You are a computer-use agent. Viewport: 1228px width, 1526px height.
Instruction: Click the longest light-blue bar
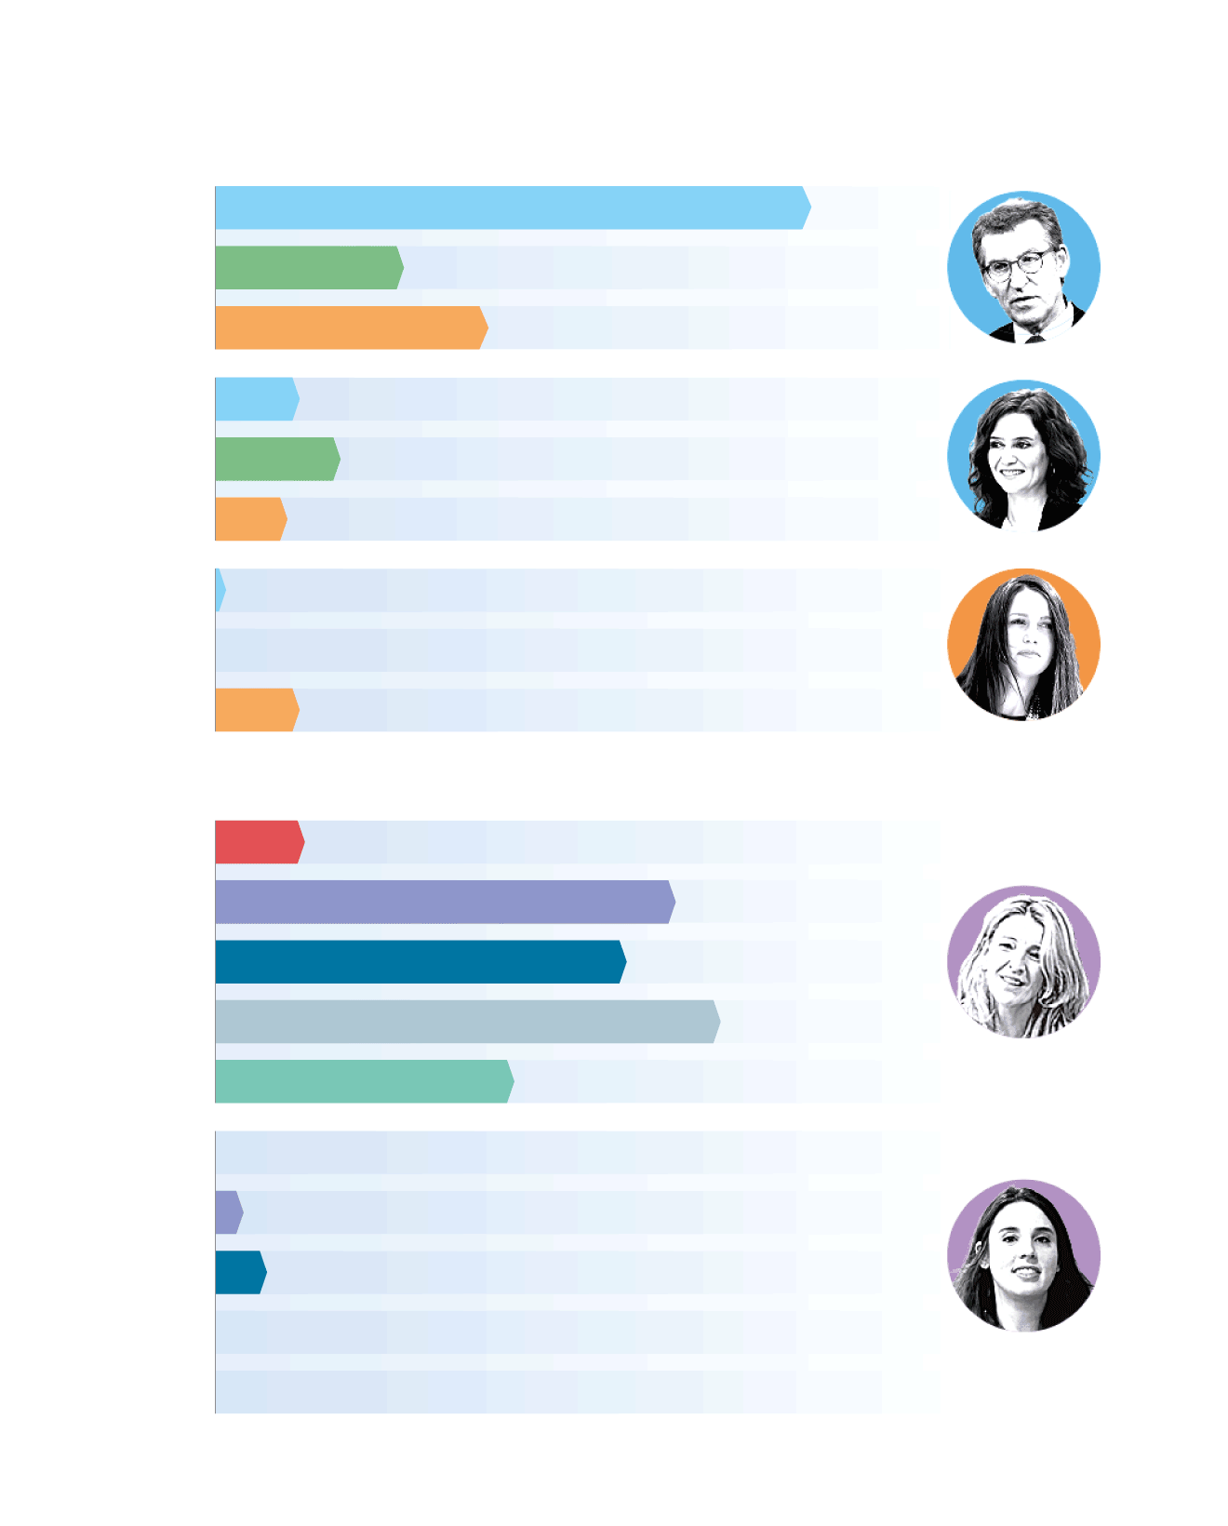tap(512, 207)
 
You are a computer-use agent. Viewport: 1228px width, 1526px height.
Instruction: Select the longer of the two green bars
tap(308, 268)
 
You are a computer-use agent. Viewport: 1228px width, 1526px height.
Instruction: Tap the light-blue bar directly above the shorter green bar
tap(256, 399)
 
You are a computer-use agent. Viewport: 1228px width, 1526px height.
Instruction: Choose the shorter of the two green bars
tap(276, 459)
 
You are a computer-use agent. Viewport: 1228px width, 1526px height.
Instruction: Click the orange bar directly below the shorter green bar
tap(249, 519)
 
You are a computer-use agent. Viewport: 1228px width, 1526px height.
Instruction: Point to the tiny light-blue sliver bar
tap(220, 590)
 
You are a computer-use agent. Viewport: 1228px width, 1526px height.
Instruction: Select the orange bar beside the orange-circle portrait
tap(256, 710)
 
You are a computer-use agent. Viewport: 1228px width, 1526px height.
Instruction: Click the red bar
tap(259, 842)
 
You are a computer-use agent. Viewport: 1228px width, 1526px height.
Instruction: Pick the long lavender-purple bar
tap(444, 902)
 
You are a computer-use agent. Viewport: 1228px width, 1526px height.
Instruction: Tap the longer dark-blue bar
tap(420, 962)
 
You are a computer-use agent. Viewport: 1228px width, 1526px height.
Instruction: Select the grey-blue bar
tap(466, 1022)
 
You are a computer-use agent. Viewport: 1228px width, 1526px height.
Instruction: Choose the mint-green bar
tap(363, 1081)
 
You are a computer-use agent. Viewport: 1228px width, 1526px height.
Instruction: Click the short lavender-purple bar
tap(228, 1212)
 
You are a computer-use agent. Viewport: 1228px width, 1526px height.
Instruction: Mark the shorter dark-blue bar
tap(240, 1273)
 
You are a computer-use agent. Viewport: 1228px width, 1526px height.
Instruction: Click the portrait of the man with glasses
tap(1023, 268)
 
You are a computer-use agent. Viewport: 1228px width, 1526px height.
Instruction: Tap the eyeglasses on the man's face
tap(1019, 265)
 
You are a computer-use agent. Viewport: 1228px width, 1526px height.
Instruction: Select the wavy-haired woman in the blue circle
tap(1023, 456)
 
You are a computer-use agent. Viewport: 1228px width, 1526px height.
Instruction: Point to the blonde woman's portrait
tap(1023, 962)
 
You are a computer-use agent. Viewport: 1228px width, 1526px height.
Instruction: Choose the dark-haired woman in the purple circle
tap(1023, 1256)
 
